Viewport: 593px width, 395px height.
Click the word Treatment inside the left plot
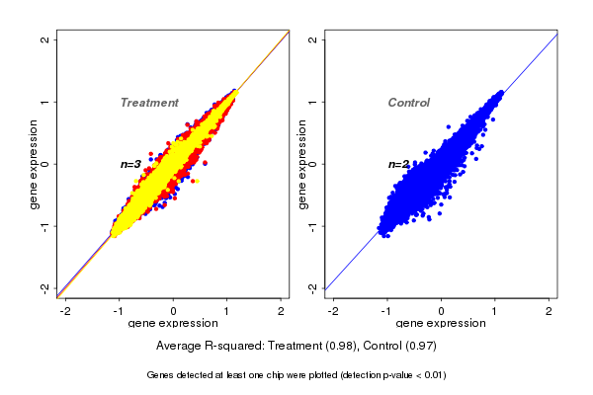(149, 103)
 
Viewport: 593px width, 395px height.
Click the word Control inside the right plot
(408, 103)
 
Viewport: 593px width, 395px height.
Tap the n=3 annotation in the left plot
(130, 164)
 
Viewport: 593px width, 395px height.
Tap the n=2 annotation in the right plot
(398, 164)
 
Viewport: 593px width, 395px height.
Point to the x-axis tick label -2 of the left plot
(66, 311)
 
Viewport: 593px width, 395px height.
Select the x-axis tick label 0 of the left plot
(174, 311)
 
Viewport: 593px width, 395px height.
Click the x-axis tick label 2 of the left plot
(282, 311)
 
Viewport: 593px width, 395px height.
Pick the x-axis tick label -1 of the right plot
(387, 311)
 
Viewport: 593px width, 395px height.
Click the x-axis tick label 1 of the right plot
(496, 311)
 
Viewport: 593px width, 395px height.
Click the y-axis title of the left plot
(35, 164)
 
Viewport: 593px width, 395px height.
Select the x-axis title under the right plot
(441, 324)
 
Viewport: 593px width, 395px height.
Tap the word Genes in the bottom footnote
(160, 375)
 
